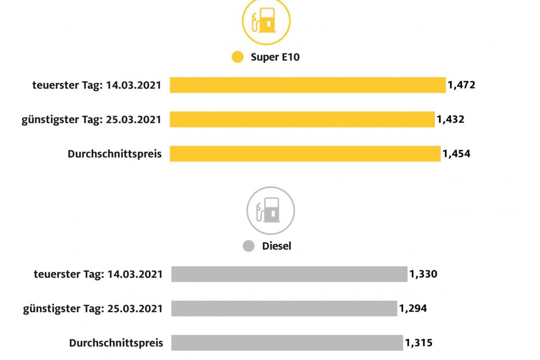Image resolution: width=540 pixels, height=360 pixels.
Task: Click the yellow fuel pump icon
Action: pos(266,22)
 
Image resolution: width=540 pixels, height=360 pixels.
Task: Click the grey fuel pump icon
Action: pos(271,211)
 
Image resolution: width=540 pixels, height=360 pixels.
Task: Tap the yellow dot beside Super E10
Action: pos(237,57)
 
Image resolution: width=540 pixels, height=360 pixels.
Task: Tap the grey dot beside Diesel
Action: pos(249,246)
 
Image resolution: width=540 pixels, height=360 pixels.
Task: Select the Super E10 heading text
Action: pos(275,57)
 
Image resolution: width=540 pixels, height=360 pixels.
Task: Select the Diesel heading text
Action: pos(277,246)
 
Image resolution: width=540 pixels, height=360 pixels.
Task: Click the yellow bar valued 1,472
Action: pos(308,85)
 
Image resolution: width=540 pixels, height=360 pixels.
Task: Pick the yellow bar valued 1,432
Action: pos(302,119)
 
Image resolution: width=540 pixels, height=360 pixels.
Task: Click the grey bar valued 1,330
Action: pos(289,274)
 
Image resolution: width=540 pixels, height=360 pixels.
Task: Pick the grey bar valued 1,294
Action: pos(284,308)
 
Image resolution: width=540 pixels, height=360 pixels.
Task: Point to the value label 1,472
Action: pos(461,85)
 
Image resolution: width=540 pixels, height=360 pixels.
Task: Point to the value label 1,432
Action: pos(450,119)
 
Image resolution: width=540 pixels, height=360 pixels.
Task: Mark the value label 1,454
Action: pos(456,154)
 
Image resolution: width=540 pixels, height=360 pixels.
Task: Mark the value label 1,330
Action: pos(423,274)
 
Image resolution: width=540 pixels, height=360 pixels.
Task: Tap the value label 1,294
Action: pos(413,308)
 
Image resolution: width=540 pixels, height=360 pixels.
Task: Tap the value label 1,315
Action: pos(418,343)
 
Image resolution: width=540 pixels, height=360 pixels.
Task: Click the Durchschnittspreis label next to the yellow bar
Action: pos(115,154)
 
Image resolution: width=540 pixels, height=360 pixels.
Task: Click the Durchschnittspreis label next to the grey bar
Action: pos(116,343)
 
